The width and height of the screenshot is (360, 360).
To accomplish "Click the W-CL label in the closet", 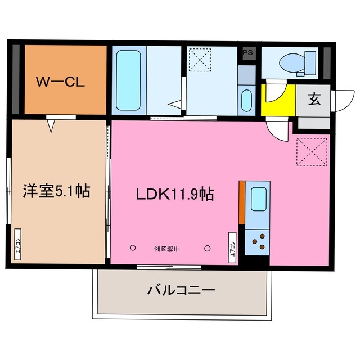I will (61, 82).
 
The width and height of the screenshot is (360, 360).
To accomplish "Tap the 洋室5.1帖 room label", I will (56, 192).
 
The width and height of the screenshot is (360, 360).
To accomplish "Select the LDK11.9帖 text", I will (174, 194).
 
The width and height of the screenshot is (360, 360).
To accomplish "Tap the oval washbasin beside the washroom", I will (246, 100).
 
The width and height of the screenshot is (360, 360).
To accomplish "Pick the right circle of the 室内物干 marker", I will (208, 247).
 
